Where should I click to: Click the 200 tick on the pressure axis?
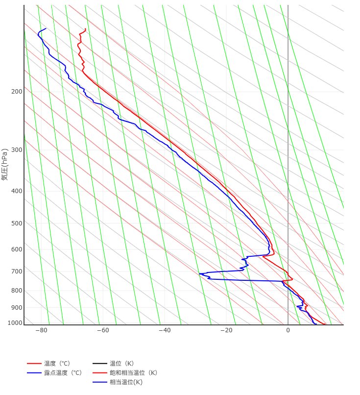[x=16, y=92]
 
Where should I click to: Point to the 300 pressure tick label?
[x=16, y=150]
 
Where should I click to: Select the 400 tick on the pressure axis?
[x=16, y=191]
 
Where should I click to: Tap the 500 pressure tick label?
[x=16, y=223]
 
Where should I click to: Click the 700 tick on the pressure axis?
[x=16, y=272]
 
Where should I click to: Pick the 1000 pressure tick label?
[x=15, y=323]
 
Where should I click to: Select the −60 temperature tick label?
[x=103, y=330]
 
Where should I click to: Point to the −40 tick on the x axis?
[x=165, y=330]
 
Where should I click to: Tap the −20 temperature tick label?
[x=226, y=330]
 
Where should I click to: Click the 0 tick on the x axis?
[x=288, y=330]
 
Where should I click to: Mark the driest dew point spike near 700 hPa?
[x=199, y=273]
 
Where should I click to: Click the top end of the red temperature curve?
[x=86, y=29]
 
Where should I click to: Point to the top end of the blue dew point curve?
[x=46, y=28]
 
